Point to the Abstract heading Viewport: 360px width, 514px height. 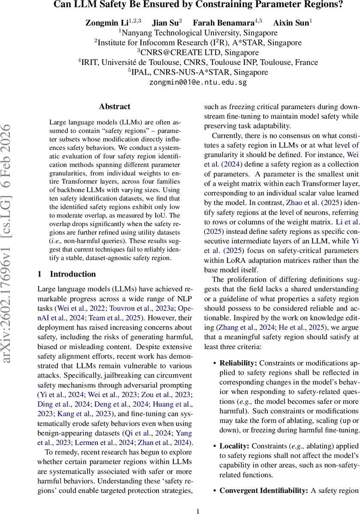coord(114,106)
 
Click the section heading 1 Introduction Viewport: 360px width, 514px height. coord(67,274)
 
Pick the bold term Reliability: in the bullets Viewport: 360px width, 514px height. coord(238,362)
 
